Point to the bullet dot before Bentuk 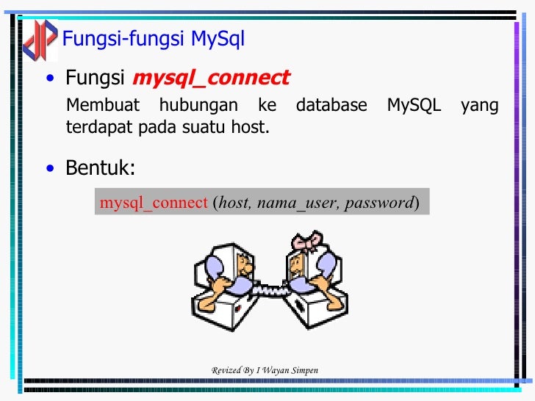49,170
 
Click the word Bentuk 100,168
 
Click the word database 331,106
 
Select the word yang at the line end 479,106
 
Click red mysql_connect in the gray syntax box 154,203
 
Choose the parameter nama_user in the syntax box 295,203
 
